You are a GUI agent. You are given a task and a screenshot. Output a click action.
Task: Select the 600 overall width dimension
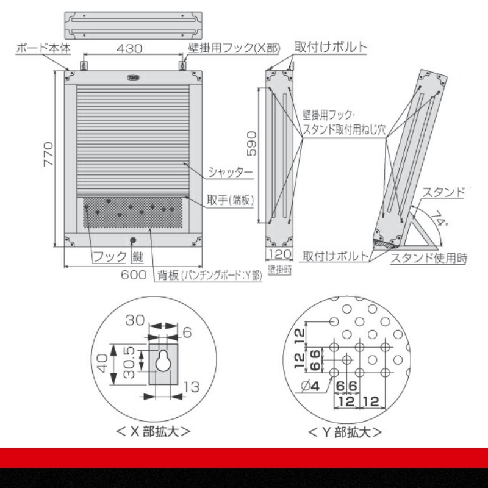tap(133, 275)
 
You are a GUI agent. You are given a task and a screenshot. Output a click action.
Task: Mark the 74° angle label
tap(439, 219)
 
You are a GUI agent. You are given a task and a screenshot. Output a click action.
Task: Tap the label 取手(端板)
tap(230, 199)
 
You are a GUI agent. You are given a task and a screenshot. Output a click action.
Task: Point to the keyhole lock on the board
tap(132, 240)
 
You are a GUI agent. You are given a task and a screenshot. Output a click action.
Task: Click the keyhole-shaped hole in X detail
tap(163, 361)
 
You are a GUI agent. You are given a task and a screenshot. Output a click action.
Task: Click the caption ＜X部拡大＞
tap(153, 431)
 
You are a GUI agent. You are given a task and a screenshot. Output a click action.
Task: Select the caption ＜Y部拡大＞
tap(345, 432)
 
